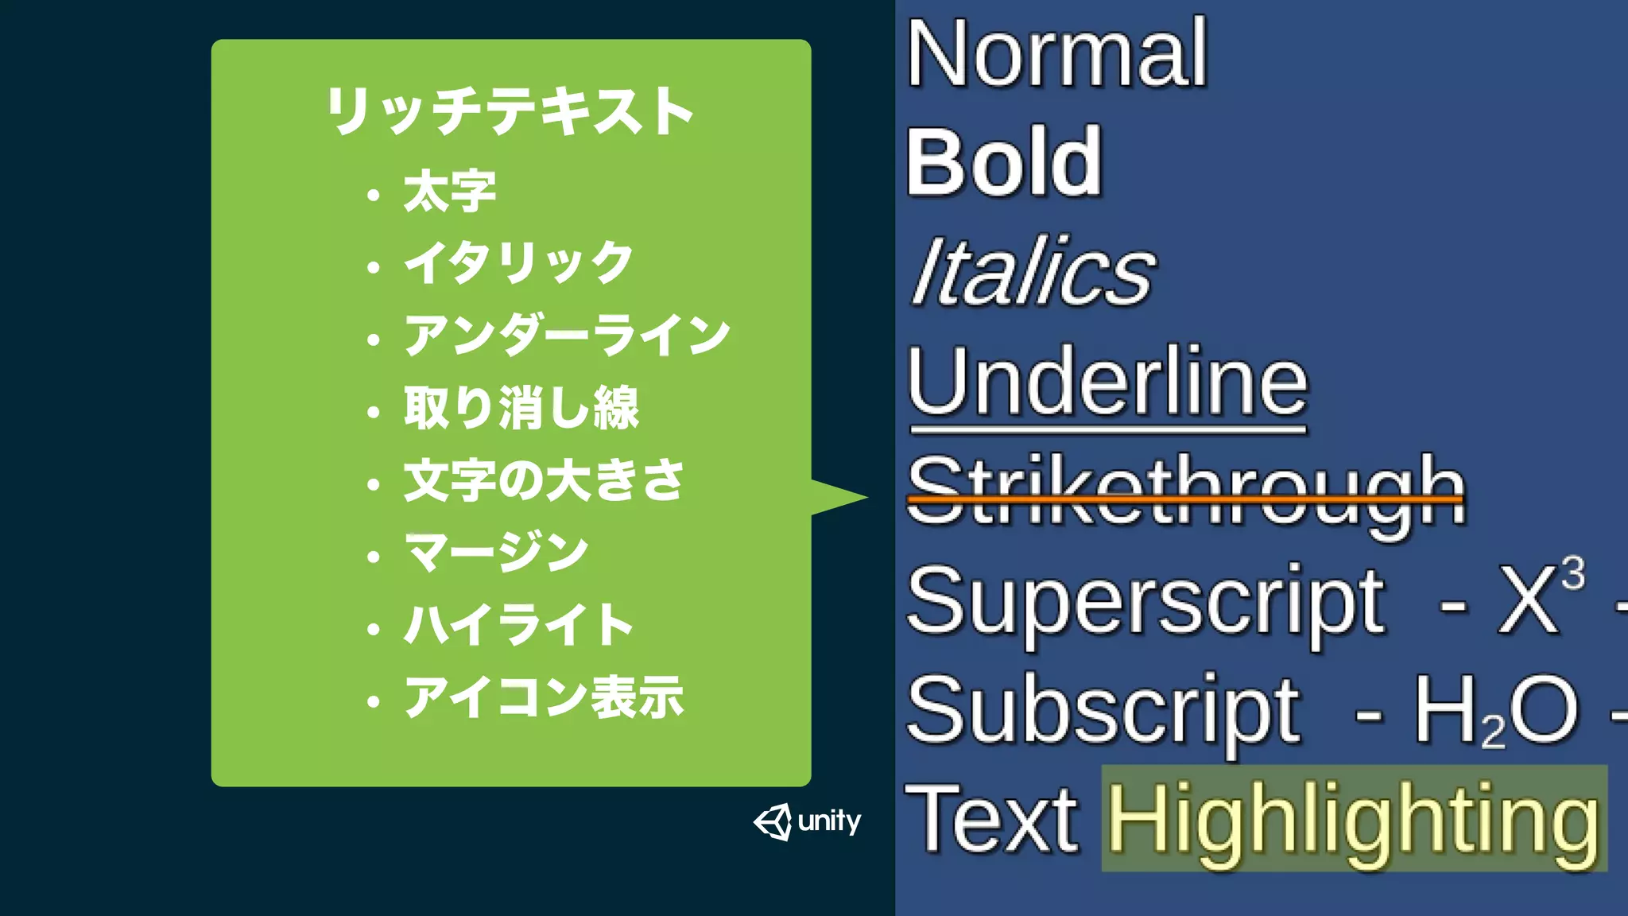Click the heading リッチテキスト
510,111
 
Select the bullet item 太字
449,192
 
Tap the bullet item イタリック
518,263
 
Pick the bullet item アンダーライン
567,335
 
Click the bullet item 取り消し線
521,408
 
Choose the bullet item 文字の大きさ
544,480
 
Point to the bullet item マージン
497,553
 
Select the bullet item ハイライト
518,625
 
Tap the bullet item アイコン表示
544,697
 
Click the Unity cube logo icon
773,821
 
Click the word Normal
1056,54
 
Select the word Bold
1005,163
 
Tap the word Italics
1033,272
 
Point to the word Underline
1107,382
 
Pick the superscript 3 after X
1572,572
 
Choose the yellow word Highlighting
1353,819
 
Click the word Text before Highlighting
991,819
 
